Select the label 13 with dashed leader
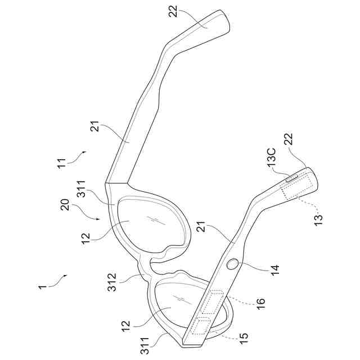pos(318,218)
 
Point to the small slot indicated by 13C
pos(292,178)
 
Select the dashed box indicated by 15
pos(200,326)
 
